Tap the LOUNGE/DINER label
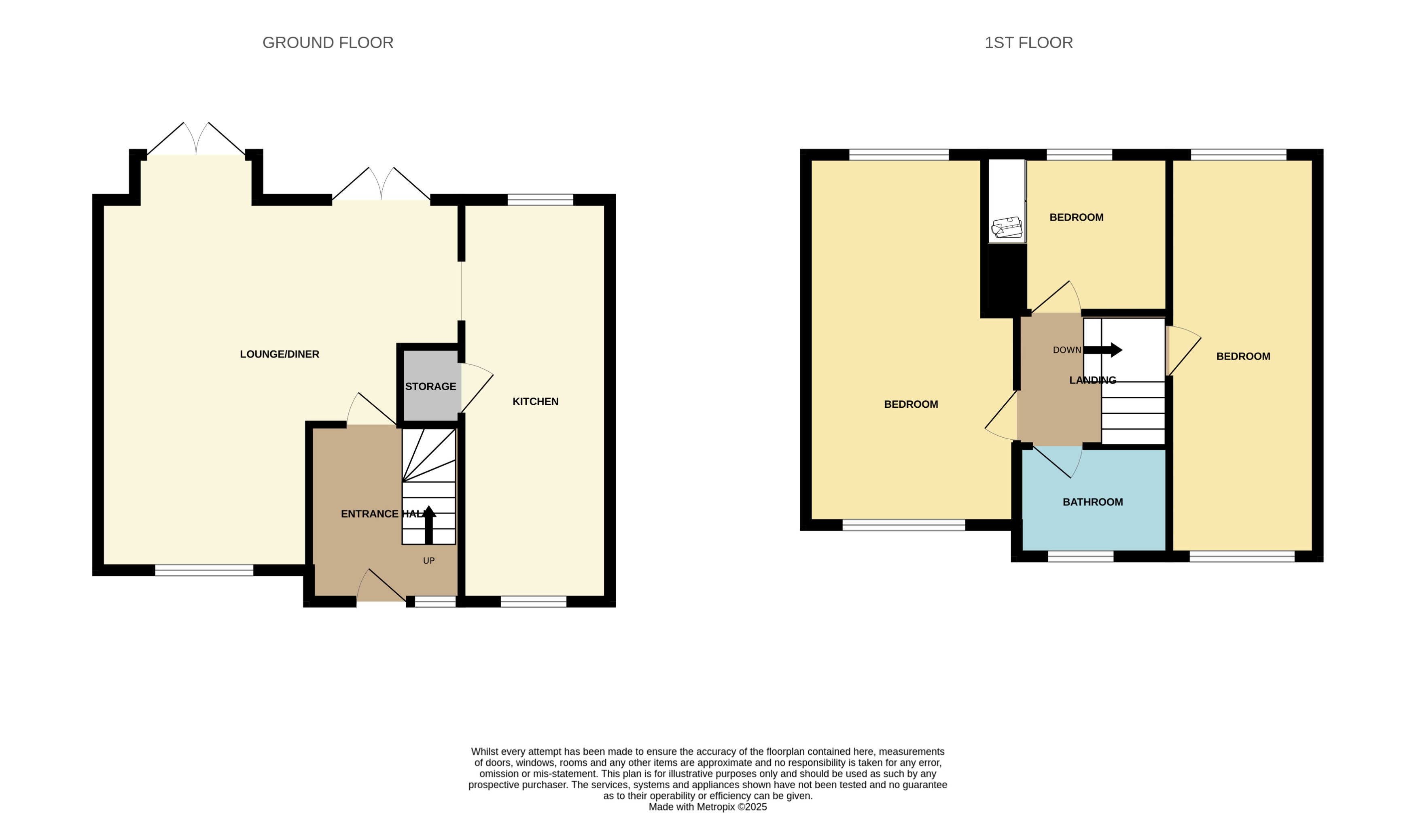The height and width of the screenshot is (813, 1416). click(279, 354)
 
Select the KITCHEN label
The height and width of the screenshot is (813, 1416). click(535, 402)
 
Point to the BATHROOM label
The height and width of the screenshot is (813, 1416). click(1092, 502)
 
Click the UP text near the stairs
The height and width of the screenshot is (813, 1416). click(428, 561)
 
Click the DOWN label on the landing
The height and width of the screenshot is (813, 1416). click(1066, 350)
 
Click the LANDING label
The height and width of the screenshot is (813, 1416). click(1092, 380)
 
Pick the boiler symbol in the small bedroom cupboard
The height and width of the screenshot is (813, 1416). click(1007, 228)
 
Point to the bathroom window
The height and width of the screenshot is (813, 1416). click(1080, 556)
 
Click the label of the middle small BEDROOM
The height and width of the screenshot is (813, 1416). click(1076, 217)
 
